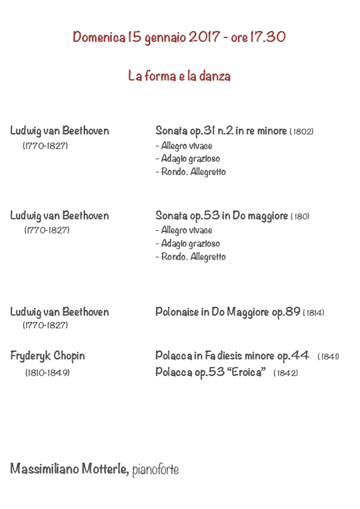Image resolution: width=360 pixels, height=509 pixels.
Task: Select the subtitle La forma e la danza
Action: [179, 77]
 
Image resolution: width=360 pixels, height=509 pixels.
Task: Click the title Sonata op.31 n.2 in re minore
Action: [221, 131]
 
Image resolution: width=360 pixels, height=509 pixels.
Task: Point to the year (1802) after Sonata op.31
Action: [302, 131]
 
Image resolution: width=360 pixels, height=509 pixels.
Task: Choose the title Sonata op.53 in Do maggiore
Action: [221, 216]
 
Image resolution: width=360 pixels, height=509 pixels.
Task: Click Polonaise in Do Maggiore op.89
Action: [227, 312]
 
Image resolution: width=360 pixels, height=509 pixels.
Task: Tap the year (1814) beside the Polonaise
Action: [313, 313]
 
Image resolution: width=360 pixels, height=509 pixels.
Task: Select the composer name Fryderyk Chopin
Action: [47, 356]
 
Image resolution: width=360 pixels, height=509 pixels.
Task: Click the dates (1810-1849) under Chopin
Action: [47, 372]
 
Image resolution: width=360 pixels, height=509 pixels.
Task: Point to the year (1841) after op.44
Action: [328, 356]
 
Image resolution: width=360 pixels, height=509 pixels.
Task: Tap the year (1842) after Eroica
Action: [285, 372]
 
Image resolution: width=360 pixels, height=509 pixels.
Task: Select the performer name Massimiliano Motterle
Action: [69, 470]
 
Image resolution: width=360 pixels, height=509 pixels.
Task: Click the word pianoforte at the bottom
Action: [155, 470]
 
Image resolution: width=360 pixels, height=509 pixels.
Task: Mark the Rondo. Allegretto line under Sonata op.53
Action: [190, 257]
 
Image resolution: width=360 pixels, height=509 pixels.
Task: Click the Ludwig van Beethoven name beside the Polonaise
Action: [59, 312]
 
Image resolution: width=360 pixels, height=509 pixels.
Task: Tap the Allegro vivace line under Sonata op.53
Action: [184, 230]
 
